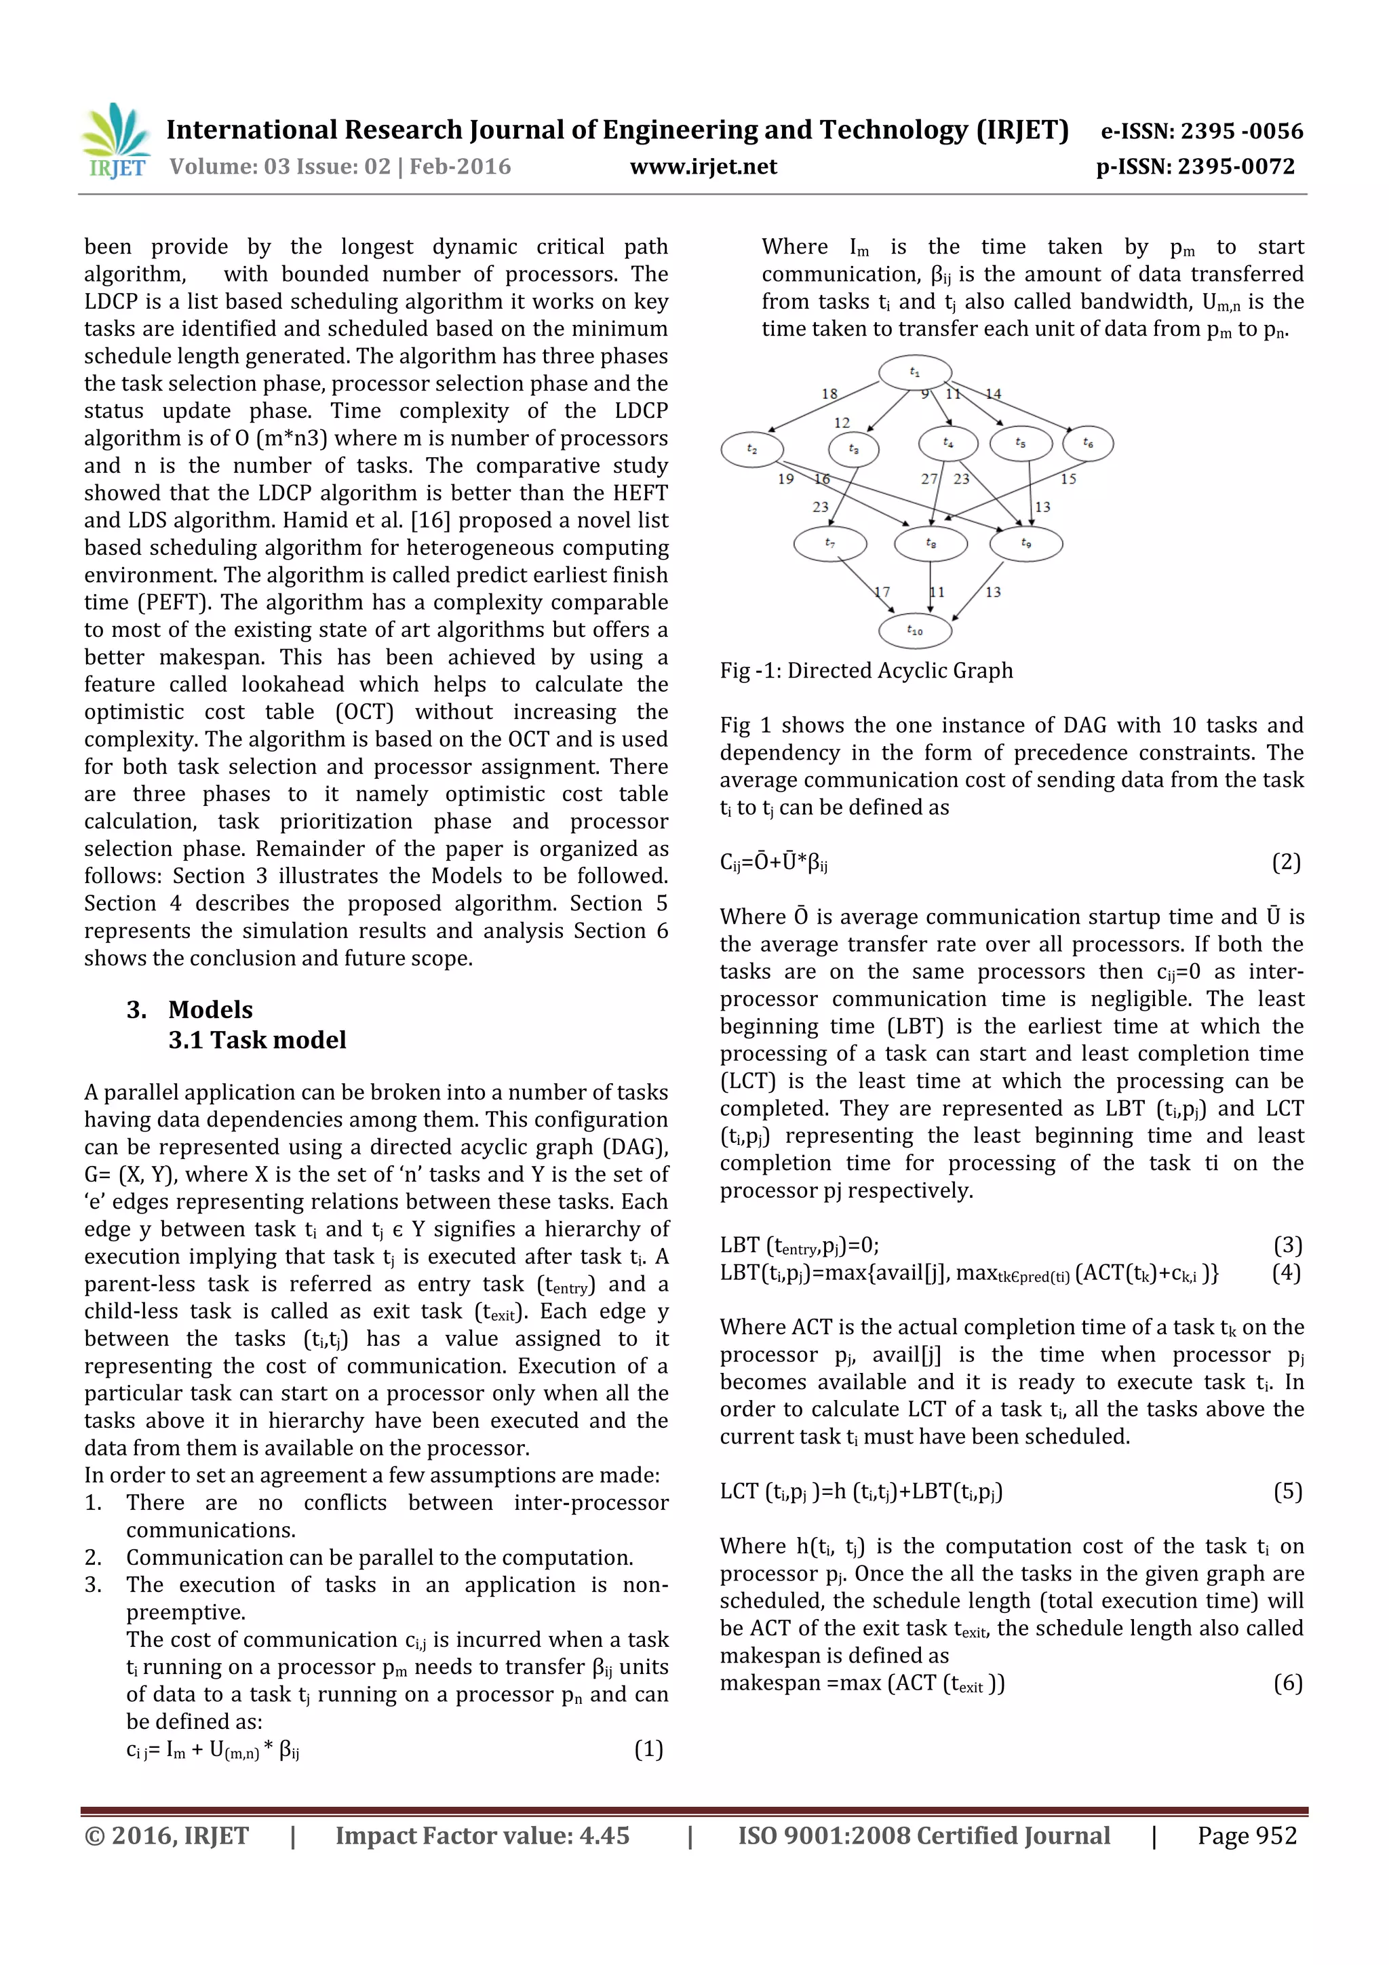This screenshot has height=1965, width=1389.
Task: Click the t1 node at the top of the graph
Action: point(915,372)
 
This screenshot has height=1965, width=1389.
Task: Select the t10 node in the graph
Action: point(915,631)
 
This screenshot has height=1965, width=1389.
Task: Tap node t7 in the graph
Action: point(829,543)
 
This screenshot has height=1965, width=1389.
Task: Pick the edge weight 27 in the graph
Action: point(928,480)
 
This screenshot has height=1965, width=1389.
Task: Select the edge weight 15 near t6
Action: point(1068,480)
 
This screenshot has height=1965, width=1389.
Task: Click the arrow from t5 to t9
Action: point(1030,492)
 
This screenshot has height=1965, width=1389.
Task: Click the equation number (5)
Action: point(1287,1492)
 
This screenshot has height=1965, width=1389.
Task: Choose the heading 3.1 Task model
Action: point(257,1040)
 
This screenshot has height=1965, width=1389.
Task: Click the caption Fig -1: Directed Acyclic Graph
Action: point(866,670)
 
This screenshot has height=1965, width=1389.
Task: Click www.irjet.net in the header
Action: point(703,167)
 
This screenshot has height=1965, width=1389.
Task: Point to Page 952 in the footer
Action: point(1247,1835)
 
